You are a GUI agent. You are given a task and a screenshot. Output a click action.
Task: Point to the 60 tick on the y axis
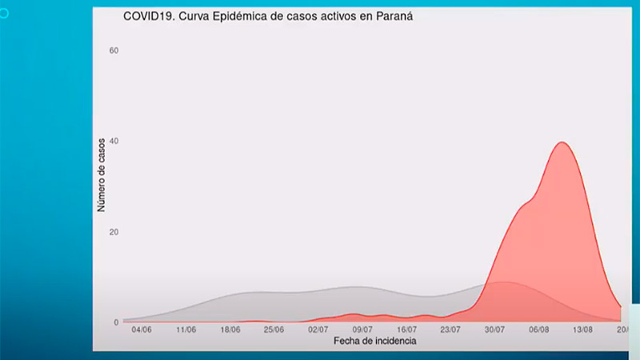[114, 50]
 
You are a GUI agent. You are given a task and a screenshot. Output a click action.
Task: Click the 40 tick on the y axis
[114, 142]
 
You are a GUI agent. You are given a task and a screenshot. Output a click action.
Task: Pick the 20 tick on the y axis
[114, 232]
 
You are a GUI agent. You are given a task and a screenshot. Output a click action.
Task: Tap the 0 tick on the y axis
[116, 322]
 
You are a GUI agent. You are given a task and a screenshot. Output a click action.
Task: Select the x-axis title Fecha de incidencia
[374, 341]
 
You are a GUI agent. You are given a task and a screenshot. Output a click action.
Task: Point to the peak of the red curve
[562, 142]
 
